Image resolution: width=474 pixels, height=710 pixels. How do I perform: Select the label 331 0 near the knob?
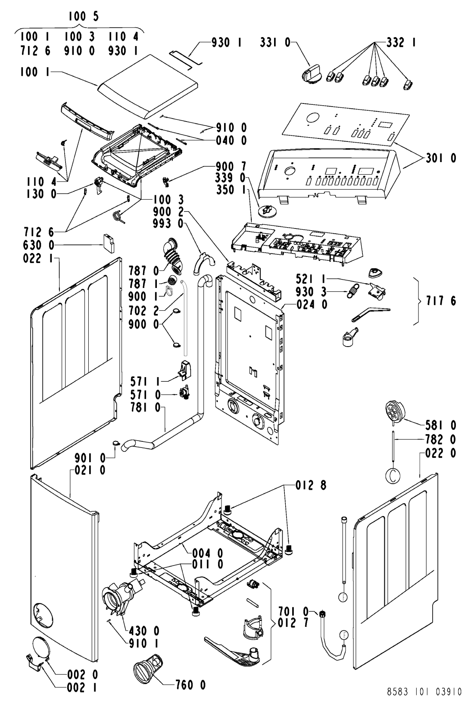[x=275, y=42]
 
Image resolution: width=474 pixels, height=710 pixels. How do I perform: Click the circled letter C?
[x=393, y=475]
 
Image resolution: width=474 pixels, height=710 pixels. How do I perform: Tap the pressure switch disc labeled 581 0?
[x=395, y=411]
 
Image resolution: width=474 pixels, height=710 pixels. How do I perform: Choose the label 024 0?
[x=312, y=305]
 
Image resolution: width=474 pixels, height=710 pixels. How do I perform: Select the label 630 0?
[x=39, y=245]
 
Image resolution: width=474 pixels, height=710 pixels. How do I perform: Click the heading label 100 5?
[x=83, y=16]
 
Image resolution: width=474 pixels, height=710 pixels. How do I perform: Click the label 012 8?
[x=311, y=485]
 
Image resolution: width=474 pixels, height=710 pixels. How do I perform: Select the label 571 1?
[x=146, y=382]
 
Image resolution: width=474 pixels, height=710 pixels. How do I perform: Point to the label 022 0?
[x=440, y=454]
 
